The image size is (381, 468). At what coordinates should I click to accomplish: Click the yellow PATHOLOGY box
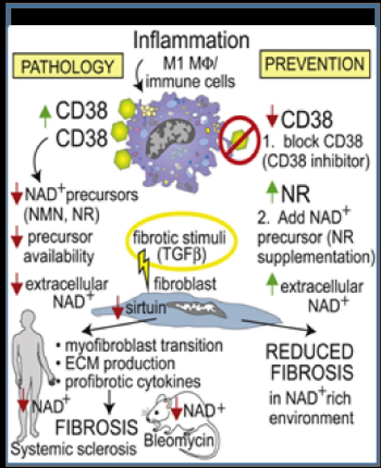(68, 65)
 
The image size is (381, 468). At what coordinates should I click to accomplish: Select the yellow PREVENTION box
(315, 64)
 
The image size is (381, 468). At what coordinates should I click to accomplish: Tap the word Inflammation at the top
(191, 40)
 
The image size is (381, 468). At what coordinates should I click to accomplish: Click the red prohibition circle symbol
(239, 140)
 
